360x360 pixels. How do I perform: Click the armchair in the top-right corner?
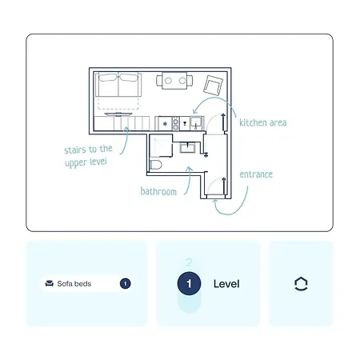(x=214, y=86)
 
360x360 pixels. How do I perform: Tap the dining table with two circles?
(x=174, y=80)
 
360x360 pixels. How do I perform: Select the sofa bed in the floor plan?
(x=118, y=85)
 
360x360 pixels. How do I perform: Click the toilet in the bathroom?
(x=156, y=165)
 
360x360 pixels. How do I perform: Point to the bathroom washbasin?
(x=188, y=147)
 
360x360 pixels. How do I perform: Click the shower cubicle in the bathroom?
(x=161, y=146)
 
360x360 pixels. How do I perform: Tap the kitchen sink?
(x=196, y=123)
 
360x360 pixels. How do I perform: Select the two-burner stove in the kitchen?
(x=175, y=123)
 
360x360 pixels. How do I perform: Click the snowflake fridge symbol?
(x=165, y=123)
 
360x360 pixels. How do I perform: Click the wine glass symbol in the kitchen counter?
(x=185, y=123)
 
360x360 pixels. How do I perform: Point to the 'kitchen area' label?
(x=263, y=122)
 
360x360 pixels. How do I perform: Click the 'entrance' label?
(x=256, y=174)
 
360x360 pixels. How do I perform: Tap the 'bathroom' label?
(x=158, y=191)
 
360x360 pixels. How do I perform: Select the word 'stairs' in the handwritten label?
(x=75, y=150)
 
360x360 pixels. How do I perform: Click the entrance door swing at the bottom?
(x=215, y=186)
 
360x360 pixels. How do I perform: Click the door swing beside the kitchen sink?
(x=215, y=122)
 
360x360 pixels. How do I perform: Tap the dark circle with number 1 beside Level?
(x=189, y=283)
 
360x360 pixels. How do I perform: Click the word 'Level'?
(x=226, y=284)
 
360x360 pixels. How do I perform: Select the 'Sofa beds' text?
(x=74, y=283)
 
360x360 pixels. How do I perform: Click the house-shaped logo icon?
(x=301, y=284)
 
